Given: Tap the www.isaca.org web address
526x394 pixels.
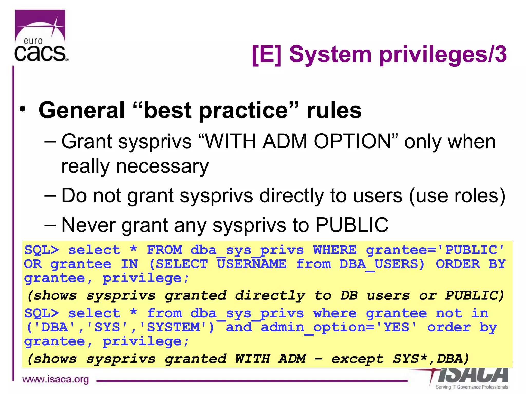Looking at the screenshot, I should [x=55, y=379].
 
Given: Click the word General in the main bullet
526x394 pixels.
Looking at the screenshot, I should [x=82, y=110].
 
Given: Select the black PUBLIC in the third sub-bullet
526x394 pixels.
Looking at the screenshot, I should [x=352, y=225].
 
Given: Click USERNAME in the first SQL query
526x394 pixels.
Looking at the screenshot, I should [x=252, y=264].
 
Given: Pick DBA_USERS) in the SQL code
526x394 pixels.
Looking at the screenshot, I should [x=382, y=264].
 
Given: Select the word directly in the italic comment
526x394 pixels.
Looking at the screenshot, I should [x=270, y=295].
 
